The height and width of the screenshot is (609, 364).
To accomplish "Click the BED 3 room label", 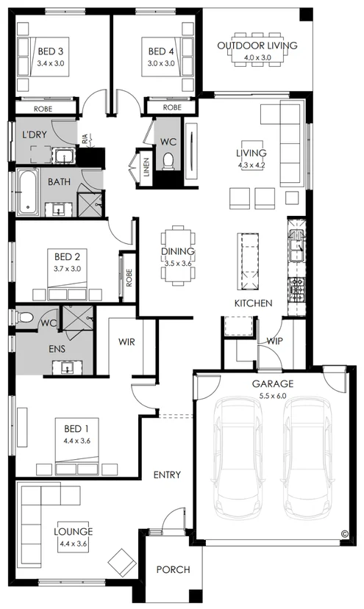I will click(x=51, y=51).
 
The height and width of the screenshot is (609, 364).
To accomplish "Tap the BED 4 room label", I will click(x=161, y=51).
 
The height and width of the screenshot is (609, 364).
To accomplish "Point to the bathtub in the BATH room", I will click(x=27, y=192).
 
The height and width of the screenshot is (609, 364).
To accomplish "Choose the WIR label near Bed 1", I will click(x=126, y=342).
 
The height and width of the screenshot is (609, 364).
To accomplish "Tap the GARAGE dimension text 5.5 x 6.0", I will click(x=273, y=395).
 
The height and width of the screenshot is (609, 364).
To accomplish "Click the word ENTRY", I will click(x=167, y=475).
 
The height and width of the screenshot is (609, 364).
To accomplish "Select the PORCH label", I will click(x=173, y=569).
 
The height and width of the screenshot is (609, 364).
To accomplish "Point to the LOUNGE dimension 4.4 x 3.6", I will click(x=71, y=544).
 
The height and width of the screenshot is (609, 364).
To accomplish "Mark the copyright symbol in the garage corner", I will click(x=344, y=534).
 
